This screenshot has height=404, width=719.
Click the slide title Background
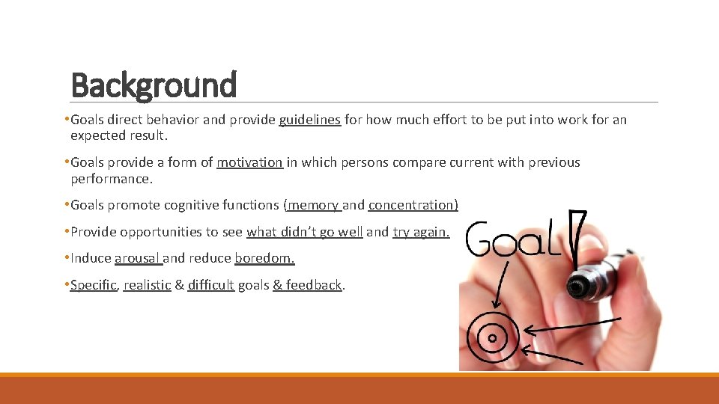tap(154, 85)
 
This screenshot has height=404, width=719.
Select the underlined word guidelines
tap(309, 120)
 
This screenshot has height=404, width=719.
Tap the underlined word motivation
tap(249, 162)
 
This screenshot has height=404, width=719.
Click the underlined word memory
tap(313, 205)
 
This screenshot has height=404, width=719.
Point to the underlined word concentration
tap(412, 205)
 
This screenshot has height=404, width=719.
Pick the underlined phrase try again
tap(420, 232)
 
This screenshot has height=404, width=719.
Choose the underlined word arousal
tap(137, 259)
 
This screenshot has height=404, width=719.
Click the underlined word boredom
tap(264, 259)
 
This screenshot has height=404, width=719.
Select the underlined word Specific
tap(93, 285)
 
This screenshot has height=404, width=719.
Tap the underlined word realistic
tap(147, 285)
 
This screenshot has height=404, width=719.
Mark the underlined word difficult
tap(210, 285)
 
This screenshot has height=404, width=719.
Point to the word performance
tap(111, 180)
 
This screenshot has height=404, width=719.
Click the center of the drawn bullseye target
tap(492, 338)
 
